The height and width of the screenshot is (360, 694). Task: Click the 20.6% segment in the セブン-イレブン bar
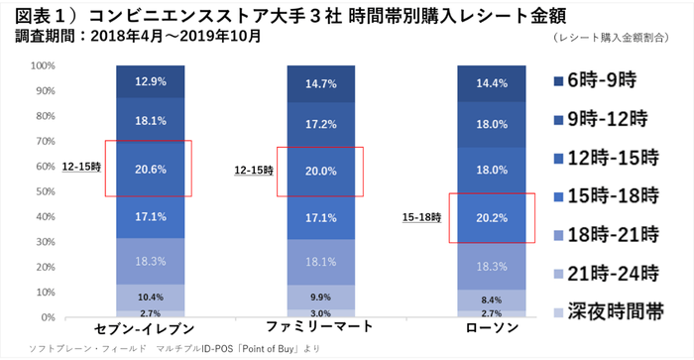pos(148,170)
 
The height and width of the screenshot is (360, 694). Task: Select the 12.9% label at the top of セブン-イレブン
pos(148,81)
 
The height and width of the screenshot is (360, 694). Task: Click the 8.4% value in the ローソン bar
pos(492,298)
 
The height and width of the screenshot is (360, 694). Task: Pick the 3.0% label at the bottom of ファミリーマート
pos(318,313)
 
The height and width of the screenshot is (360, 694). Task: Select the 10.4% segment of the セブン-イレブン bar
pos(148,297)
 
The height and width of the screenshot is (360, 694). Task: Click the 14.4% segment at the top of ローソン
pos(492,84)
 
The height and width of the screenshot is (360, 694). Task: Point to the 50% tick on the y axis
pos(43,192)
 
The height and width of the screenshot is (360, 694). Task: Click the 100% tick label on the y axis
pos(41,66)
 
